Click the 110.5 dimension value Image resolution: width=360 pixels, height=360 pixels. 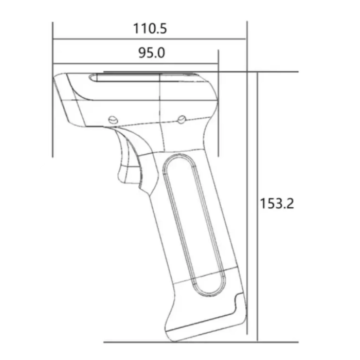pyautogui.click(x=150, y=28)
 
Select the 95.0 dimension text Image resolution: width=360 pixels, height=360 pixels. pyautogui.click(x=151, y=53)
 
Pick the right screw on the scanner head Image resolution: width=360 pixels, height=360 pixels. pyautogui.click(x=182, y=119)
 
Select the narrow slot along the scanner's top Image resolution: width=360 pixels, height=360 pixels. pyautogui.click(x=144, y=78)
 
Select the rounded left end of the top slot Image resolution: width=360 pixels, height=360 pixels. pyautogui.click(x=93, y=78)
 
